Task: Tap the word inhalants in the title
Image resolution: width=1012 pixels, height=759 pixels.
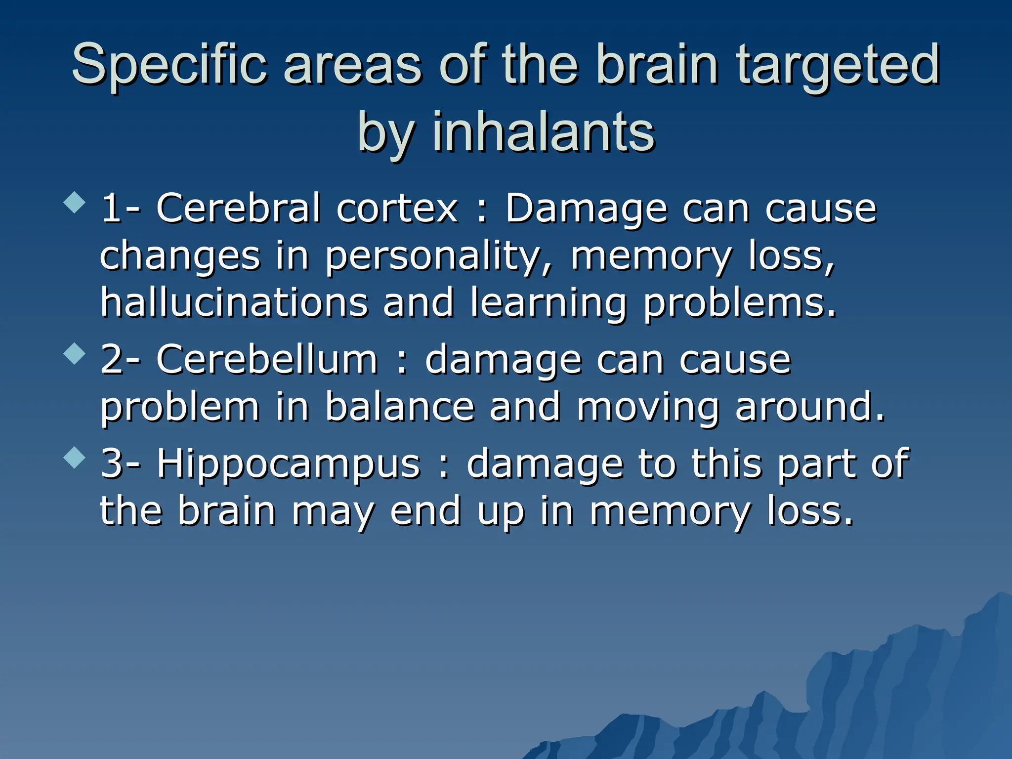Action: pyautogui.click(x=544, y=132)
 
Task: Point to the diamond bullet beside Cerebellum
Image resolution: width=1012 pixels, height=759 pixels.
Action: pyautogui.click(x=75, y=354)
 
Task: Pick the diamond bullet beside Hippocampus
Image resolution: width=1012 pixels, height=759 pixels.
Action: pyautogui.click(x=75, y=458)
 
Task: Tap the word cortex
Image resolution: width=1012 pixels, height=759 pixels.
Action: pyautogui.click(x=397, y=209)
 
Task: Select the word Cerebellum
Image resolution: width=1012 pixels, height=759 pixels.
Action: pyautogui.click(x=267, y=360)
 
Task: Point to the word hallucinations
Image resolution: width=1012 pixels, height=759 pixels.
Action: pyautogui.click(x=234, y=302)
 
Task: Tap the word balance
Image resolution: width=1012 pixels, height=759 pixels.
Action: pyautogui.click(x=400, y=407)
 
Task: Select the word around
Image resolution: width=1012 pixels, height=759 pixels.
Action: pyautogui.click(x=809, y=407)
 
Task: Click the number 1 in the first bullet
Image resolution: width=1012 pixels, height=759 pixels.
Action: pyautogui.click(x=111, y=209)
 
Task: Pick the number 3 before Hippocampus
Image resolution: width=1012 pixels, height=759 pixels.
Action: pyautogui.click(x=112, y=464)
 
